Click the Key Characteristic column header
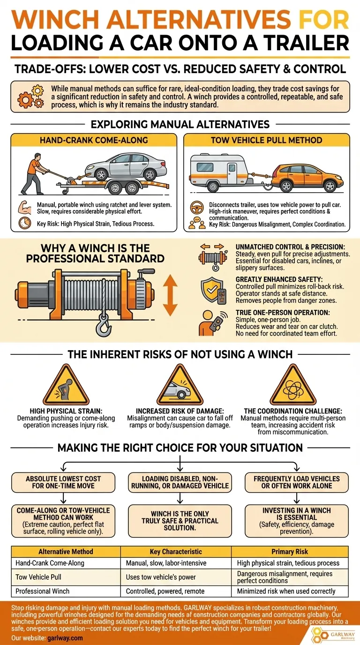[x=175, y=552]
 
